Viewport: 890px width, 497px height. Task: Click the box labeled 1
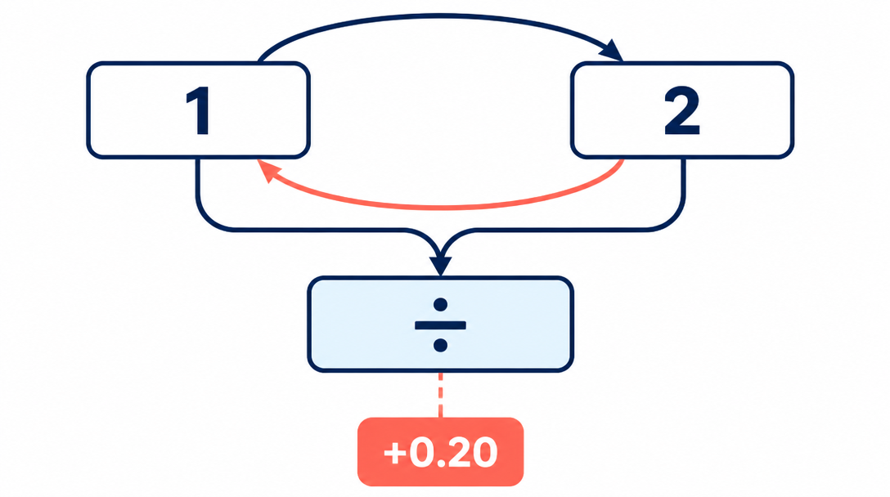tap(198, 110)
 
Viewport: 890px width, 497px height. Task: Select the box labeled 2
tap(681, 110)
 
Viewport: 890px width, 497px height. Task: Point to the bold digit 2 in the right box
tap(681, 111)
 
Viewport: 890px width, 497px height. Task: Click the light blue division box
tap(440, 324)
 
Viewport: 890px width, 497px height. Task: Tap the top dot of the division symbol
tap(440, 305)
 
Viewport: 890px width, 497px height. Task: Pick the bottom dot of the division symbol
tap(440, 345)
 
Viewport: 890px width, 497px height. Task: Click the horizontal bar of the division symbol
tap(440, 325)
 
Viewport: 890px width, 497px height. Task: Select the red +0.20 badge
tap(440, 451)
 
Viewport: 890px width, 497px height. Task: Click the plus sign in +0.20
tap(395, 453)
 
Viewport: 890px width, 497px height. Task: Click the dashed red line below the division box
tap(440, 395)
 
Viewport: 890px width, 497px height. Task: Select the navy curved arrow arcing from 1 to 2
tap(440, 16)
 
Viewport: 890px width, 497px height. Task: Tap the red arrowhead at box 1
tap(268, 170)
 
